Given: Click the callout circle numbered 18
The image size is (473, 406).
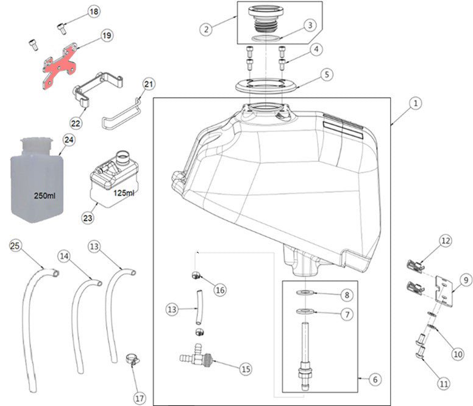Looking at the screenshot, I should click(x=93, y=12).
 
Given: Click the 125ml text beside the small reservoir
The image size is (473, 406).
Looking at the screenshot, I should click(x=124, y=192).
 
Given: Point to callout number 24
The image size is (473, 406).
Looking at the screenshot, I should click(x=68, y=140).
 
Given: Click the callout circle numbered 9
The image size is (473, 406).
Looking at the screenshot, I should click(x=465, y=280).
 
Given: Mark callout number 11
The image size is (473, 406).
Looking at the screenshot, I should click(x=443, y=383).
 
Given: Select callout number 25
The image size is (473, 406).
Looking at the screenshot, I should click(x=15, y=245).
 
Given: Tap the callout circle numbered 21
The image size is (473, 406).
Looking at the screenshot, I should click(x=149, y=84).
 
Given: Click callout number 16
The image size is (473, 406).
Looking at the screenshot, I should click(x=220, y=290).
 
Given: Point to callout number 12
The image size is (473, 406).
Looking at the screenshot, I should click(x=446, y=241).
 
